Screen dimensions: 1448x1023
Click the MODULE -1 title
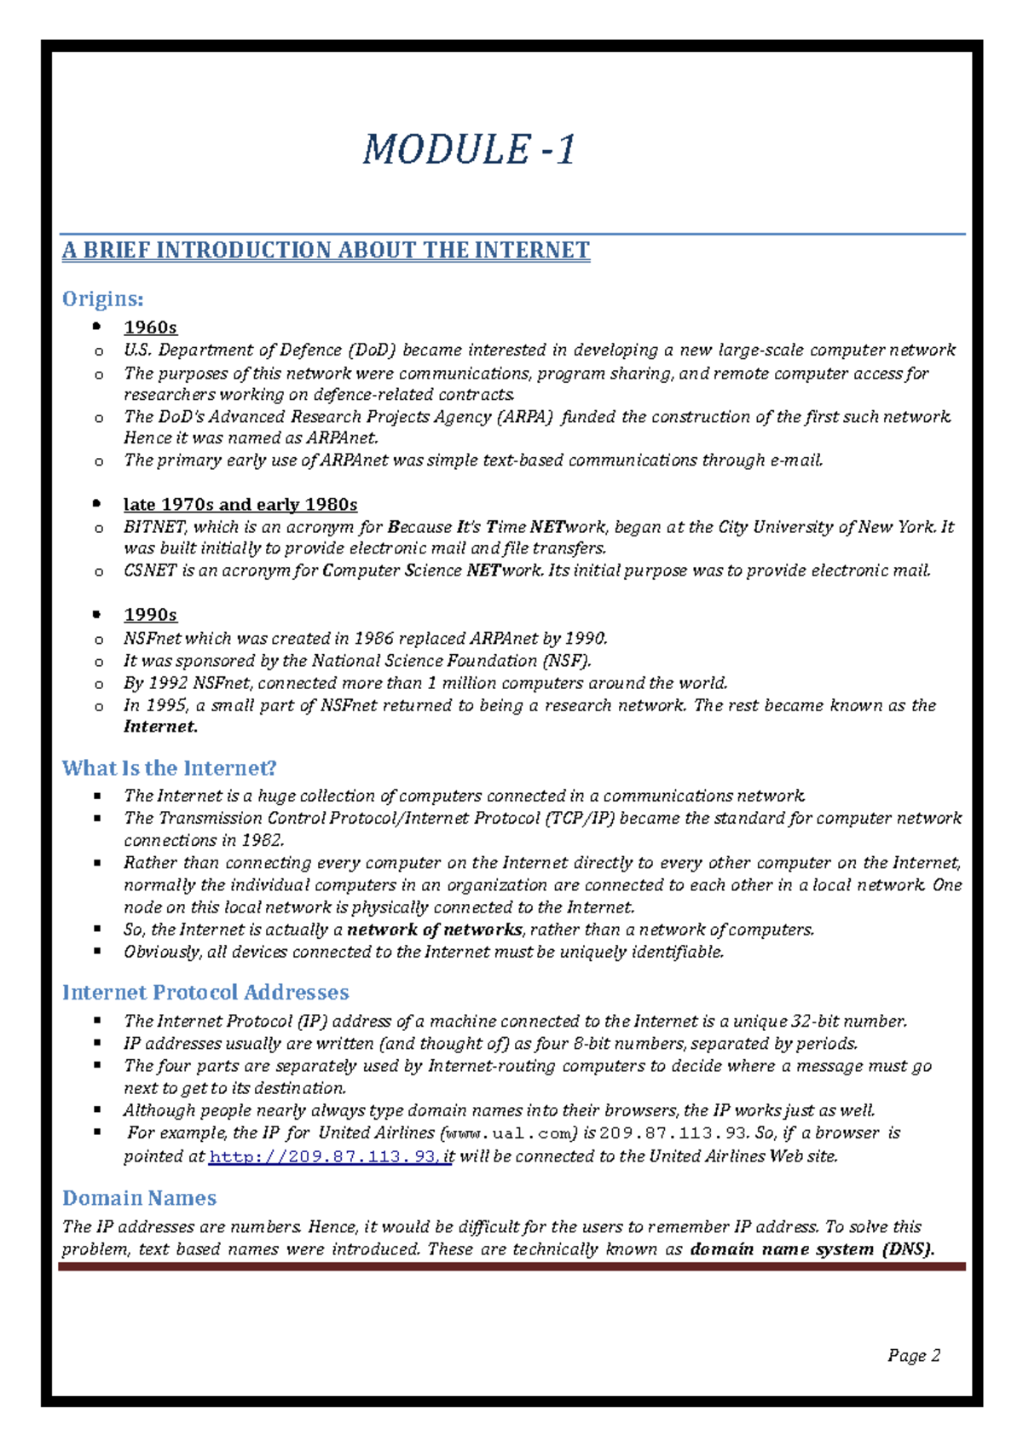pos(469,150)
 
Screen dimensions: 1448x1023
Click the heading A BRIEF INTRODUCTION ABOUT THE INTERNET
pos(326,251)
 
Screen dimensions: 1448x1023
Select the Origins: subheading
pos(102,299)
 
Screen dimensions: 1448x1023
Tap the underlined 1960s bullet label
pos(150,327)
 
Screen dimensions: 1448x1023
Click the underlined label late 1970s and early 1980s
pos(240,505)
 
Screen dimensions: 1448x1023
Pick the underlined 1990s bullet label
pos(150,615)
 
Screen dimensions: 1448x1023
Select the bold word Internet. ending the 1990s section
pos(160,727)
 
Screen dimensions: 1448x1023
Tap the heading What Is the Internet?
pos(169,768)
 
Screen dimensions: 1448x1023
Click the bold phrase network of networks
pos(434,930)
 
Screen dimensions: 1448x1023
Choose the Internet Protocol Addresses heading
pos(205,993)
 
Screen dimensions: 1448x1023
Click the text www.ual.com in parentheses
pos(511,1133)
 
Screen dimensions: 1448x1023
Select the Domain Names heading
pos(139,1198)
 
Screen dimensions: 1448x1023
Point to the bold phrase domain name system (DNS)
pos(812,1249)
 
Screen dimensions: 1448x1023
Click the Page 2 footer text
pos(913,1356)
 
